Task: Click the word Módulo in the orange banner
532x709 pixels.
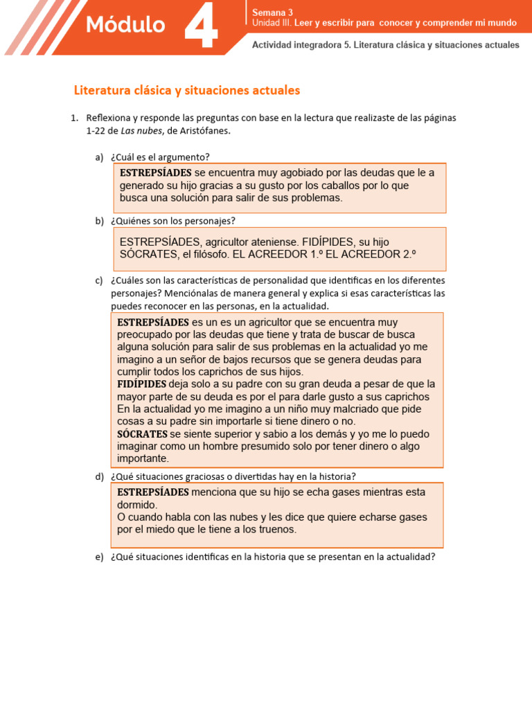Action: coord(125,26)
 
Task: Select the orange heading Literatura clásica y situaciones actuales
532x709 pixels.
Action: coord(187,91)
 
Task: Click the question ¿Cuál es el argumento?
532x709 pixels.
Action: coord(160,156)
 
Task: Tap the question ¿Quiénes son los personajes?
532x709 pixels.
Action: coord(172,221)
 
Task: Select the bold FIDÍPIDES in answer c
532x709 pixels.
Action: coord(142,384)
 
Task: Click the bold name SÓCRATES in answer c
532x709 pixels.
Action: coord(142,434)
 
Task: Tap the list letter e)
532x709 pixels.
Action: coord(99,556)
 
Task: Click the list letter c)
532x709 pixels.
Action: coord(99,280)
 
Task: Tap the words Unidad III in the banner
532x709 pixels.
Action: coord(272,23)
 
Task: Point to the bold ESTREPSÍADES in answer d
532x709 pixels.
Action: coord(153,492)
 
